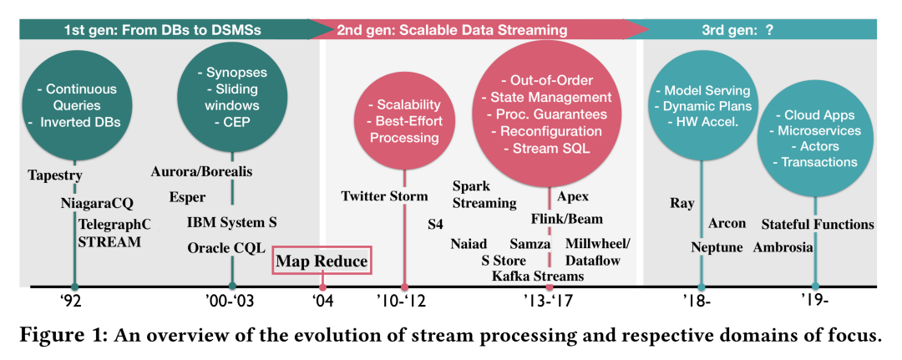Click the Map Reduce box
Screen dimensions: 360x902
tap(322, 261)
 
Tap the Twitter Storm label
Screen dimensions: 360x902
tap(384, 196)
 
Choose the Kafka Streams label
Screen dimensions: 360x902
tap(538, 276)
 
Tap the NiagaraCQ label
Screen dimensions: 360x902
tap(97, 203)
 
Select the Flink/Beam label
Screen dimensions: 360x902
tap(566, 218)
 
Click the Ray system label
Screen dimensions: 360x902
tap(682, 203)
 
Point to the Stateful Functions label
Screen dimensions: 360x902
tap(818, 224)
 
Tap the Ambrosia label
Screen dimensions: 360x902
tap(783, 247)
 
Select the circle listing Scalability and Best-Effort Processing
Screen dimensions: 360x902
tap(404, 122)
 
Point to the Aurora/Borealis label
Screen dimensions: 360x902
tap(201, 172)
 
